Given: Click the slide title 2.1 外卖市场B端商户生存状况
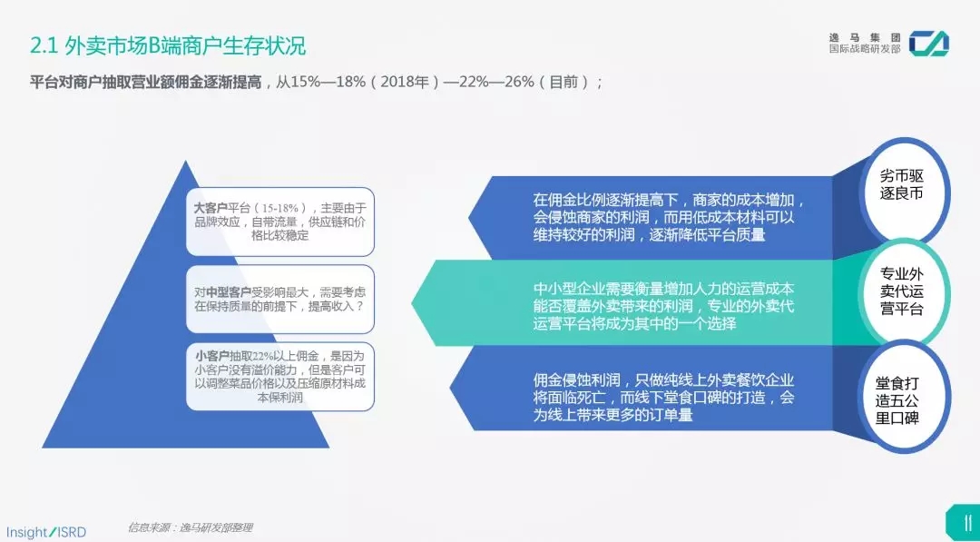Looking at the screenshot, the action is point(169,46).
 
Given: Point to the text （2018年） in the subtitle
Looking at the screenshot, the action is point(403,82).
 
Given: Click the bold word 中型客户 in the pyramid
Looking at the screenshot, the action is point(230,292).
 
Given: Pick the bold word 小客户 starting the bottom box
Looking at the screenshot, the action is point(211,356).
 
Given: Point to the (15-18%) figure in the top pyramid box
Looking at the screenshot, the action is point(282,208).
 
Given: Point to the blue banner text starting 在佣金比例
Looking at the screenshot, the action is point(668,218).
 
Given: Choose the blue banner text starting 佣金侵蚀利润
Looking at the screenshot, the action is point(663,398).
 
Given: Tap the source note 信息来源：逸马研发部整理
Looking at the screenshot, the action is point(190,527).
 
